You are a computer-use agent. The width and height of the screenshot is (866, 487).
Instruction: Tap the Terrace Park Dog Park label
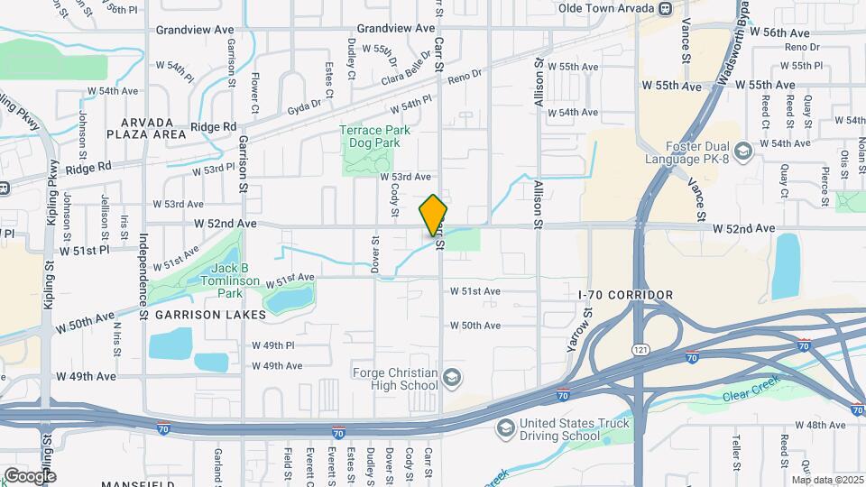point(374,136)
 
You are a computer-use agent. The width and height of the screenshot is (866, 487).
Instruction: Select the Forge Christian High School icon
point(452,376)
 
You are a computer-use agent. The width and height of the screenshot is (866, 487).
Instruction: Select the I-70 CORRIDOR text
point(625,295)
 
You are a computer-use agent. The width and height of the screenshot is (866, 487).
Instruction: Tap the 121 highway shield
point(639,349)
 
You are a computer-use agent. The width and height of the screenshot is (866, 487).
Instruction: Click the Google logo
point(30,475)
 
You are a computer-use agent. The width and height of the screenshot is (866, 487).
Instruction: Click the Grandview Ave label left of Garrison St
point(195,30)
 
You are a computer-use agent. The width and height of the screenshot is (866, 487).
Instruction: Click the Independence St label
point(143,270)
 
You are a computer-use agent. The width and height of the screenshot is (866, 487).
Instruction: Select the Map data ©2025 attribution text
point(826,479)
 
